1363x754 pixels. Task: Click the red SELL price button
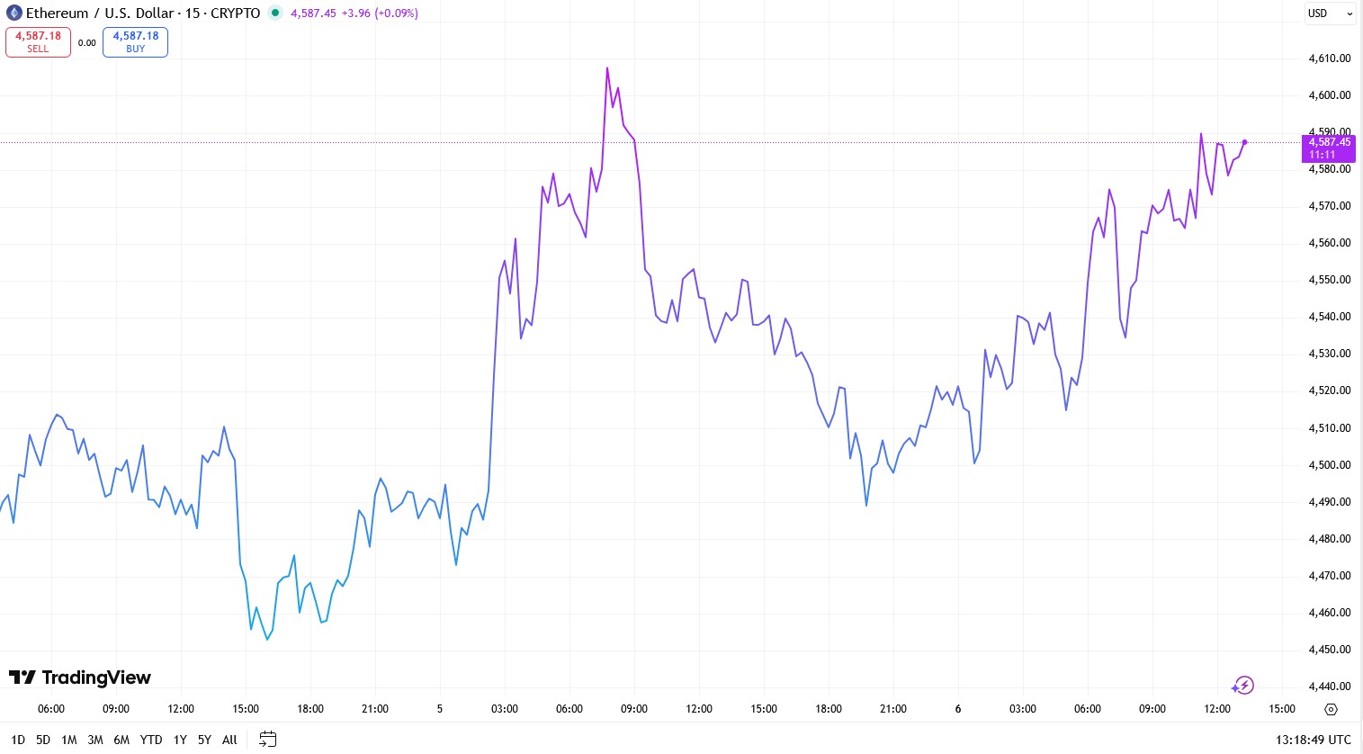coord(38,42)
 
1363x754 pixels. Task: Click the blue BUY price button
coord(135,42)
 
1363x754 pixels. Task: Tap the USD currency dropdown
coord(1330,13)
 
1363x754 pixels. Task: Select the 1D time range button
coord(18,740)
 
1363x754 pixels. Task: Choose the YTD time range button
coord(151,740)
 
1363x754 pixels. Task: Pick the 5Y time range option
coord(204,740)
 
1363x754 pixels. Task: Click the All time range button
coord(229,740)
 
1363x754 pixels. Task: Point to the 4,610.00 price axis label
coord(1329,58)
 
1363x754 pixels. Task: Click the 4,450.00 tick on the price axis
coord(1329,650)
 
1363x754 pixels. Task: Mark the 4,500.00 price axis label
coord(1329,465)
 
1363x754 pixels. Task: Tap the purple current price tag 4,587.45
coord(1328,148)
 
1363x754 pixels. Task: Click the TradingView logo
coord(80,678)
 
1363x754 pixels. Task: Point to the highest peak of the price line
coord(607,68)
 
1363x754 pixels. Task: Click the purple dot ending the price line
coord(1244,142)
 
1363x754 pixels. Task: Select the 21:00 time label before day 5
coord(375,709)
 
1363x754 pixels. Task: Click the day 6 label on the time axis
coord(958,709)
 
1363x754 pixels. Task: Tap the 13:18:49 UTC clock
coord(1313,740)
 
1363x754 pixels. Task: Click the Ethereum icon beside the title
coord(13,13)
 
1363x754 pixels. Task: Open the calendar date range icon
coord(267,740)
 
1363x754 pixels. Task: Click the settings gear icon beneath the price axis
coord(1331,709)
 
